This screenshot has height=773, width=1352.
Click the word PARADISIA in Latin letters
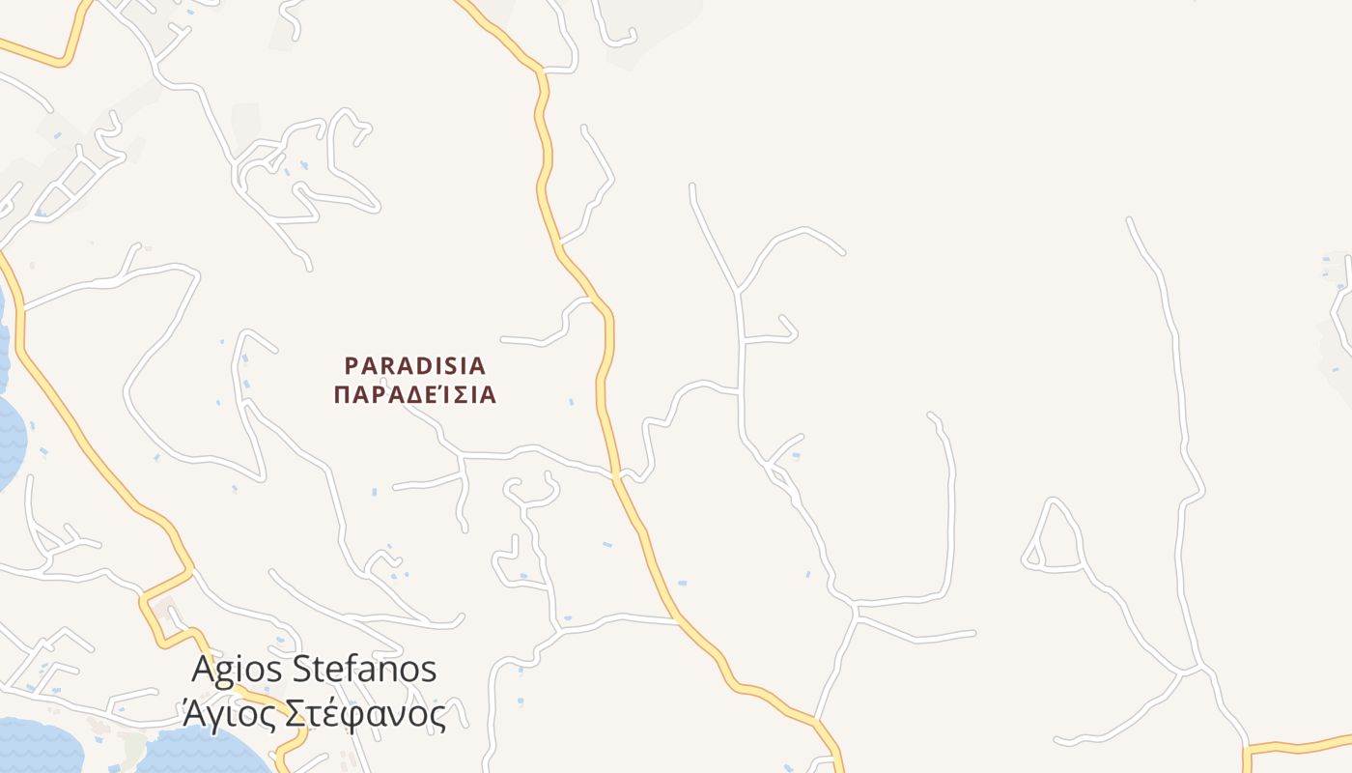coord(414,366)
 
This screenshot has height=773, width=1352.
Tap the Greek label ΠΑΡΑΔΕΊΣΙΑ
coord(414,395)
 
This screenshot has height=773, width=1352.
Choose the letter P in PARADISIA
coord(352,366)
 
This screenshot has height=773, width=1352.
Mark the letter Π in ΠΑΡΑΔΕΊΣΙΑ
coord(341,395)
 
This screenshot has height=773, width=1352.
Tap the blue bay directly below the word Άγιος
coord(208,749)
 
